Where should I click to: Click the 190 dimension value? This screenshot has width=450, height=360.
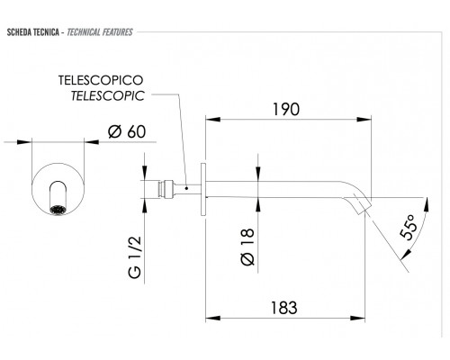286,109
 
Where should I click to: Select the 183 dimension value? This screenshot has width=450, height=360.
284,308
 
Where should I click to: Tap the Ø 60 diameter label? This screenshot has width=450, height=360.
127,131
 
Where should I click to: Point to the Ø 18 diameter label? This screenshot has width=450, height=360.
247,247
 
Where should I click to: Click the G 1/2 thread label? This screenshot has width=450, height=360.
134,257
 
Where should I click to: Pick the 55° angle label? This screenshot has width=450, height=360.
409,227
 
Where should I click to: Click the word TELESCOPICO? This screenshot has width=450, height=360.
101,80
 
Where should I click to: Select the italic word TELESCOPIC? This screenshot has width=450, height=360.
108,96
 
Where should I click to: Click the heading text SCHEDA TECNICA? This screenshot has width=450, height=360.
32,32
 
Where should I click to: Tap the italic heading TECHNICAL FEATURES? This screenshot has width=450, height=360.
100,32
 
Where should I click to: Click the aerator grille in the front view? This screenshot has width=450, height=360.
58,210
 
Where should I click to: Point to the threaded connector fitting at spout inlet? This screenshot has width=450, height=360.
166,189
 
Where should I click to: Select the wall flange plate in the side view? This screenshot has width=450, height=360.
203,189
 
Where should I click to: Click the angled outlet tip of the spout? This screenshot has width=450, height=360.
364,205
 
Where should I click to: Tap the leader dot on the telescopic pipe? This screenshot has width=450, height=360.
186,188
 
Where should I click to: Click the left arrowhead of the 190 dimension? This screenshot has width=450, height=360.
212,120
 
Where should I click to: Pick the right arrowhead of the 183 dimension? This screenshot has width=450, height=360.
357,318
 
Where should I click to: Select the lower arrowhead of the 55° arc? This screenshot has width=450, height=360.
405,254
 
